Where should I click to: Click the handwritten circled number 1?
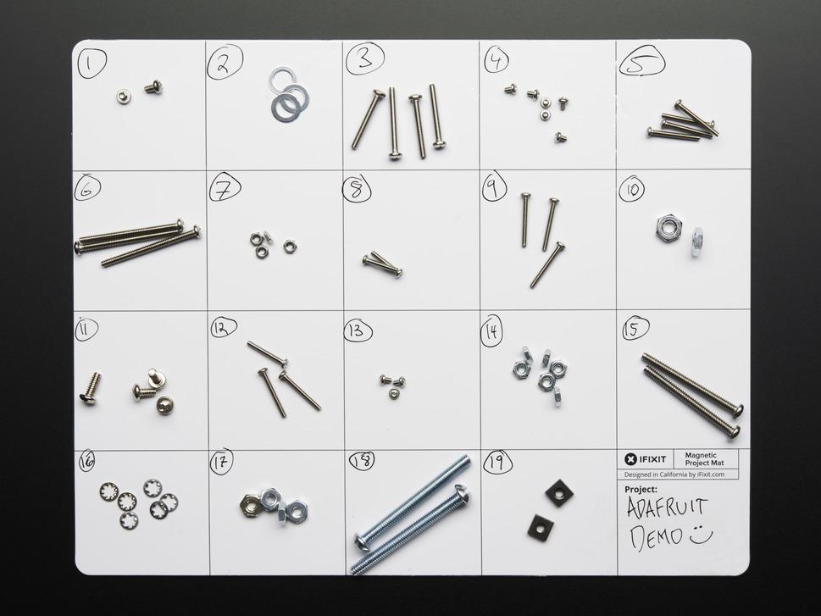tap(92, 61)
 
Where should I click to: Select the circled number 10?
tap(631, 189)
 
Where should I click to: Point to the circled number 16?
tap(86, 462)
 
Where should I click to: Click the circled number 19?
tap(497, 463)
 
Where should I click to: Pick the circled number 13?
tap(358, 330)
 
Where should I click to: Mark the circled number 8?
tap(356, 190)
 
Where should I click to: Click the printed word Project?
tap(641, 490)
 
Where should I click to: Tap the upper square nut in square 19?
tap(558, 492)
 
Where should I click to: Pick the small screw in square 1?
tap(153, 86)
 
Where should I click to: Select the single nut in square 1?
tap(124, 97)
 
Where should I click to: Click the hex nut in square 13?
tap(394, 393)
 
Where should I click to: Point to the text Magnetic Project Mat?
tap(701, 458)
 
